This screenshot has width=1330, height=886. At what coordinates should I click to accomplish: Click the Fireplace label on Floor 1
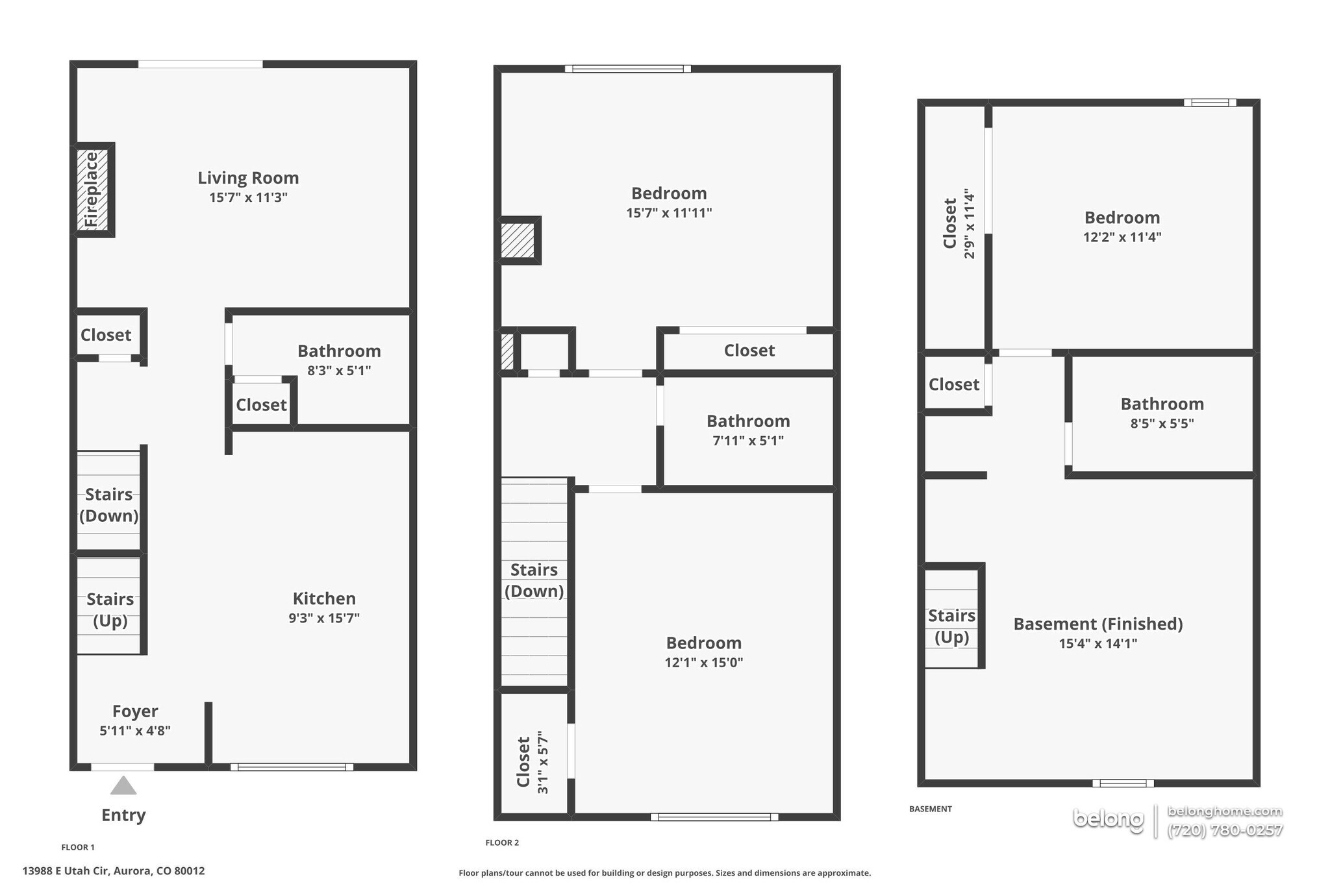coord(92,190)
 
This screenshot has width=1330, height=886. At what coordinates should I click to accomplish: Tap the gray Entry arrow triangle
coord(123,786)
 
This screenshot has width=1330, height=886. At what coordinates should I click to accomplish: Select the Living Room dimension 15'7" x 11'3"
coord(248,197)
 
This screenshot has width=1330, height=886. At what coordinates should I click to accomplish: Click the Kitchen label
coord(324,598)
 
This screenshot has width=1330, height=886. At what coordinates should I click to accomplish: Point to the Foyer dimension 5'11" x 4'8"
coord(135,731)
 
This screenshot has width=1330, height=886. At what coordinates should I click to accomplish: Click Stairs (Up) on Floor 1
coord(110,609)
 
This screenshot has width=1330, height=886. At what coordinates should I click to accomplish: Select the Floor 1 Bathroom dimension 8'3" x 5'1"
coord(339,371)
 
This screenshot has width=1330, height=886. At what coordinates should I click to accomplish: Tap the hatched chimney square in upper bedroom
coord(518,240)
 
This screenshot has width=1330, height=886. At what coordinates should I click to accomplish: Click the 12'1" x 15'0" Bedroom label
coord(703,643)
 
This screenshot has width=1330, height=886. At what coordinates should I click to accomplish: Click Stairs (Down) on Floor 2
coord(534,580)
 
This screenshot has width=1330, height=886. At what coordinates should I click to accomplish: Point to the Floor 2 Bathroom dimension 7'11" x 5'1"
coord(748,441)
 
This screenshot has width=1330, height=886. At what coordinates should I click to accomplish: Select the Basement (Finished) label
coord(1098,624)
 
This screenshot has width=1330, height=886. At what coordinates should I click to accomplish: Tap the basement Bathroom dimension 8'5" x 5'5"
coord(1162,424)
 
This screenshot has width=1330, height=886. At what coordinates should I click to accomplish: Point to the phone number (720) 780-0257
coord(1224,830)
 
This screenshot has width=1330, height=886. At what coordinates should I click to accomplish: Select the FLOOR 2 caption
coord(502,843)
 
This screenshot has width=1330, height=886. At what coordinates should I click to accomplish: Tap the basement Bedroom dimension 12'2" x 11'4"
coord(1122,238)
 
